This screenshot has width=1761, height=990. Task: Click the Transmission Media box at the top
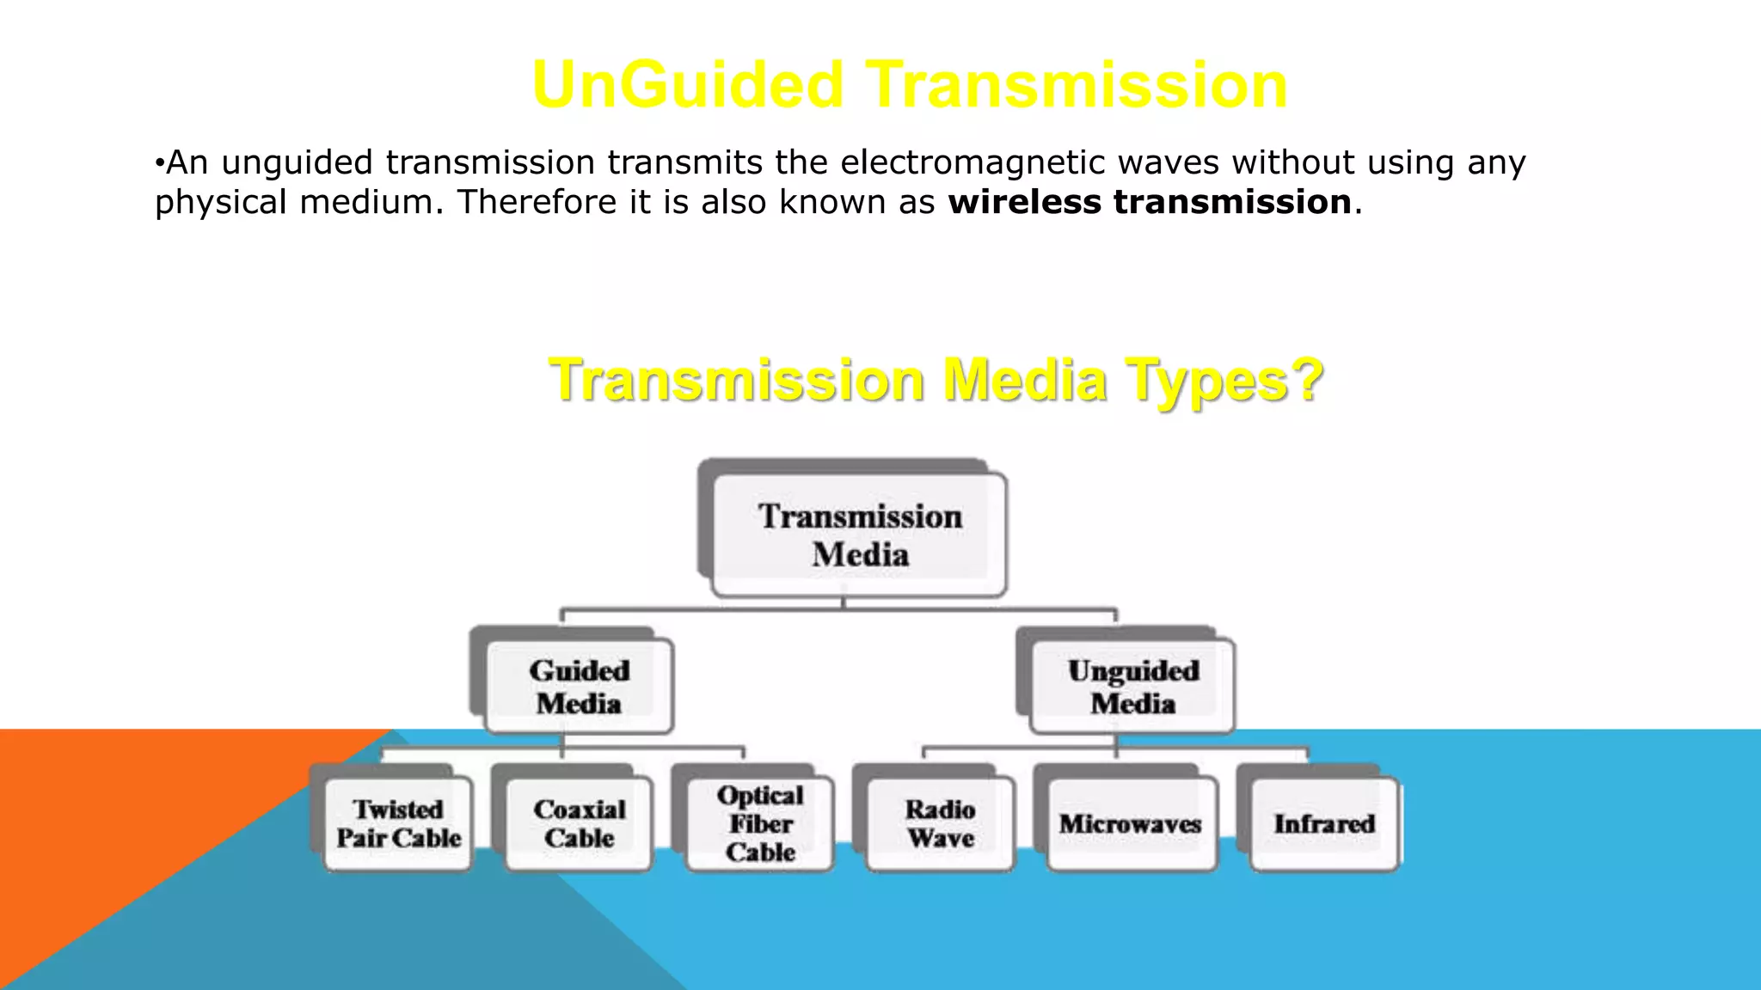[860, 535]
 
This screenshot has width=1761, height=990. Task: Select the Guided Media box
[579, 686]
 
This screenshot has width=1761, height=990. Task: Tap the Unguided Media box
[1132, 686]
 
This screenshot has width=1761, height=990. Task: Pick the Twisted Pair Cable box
[398, 823]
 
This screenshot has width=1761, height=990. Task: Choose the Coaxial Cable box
[579, 823]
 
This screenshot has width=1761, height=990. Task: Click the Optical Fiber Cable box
[760, 823]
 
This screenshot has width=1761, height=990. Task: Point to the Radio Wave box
[941, 823]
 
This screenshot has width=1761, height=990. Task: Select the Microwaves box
[1130, 823]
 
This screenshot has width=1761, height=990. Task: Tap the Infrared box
[1324, 823]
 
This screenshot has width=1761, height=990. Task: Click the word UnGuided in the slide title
[688, 85]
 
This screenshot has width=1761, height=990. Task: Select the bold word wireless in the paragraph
[1024, 202]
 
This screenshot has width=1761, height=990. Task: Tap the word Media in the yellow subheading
[1025, 380]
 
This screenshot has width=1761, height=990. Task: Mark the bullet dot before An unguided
[159, 163]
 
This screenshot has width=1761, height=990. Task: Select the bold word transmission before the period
[1232, 202]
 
